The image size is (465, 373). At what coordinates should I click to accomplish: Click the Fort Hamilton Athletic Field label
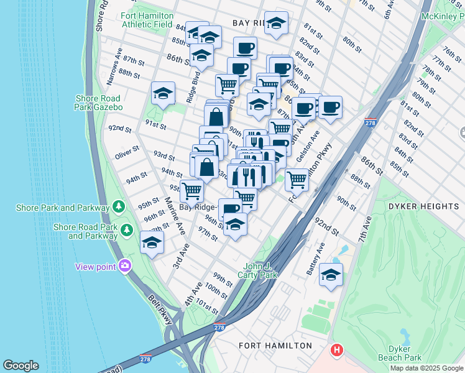[147, 20]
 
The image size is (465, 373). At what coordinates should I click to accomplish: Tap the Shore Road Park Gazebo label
[99, 103]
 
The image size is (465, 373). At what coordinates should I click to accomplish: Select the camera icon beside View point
[125, 266]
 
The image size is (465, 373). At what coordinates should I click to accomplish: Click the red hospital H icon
[337, 350]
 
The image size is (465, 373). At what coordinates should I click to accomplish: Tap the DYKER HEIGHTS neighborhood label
[423, 206]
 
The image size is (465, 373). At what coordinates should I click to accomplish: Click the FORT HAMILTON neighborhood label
[275, 345]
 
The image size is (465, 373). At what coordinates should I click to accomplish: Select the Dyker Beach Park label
[400, 352]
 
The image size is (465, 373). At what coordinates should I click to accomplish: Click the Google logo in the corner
[21, 366]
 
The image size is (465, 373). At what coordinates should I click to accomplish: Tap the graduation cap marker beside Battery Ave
[331, 274]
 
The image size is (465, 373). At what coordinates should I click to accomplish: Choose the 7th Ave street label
[363, 229]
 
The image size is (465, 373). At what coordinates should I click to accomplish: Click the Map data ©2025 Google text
[426, 368]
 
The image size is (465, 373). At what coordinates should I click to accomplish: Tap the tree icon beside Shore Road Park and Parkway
[127, 231]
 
